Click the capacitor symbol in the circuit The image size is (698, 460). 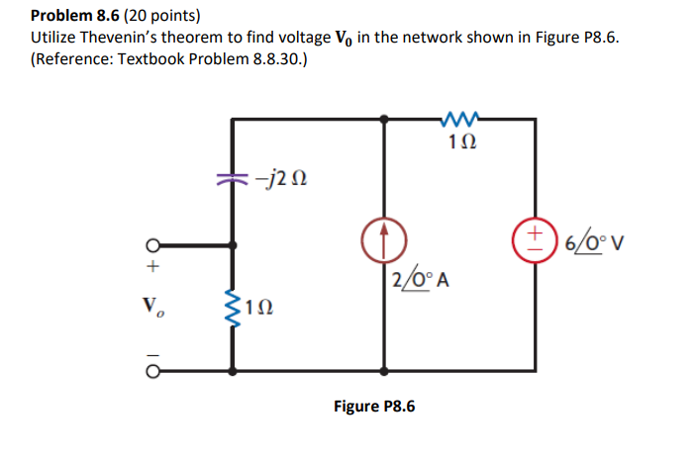point(233,180)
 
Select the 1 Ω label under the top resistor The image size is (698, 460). point(460,142)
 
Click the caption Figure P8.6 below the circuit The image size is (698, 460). point(374,406)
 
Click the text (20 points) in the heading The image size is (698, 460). point(161,15)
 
